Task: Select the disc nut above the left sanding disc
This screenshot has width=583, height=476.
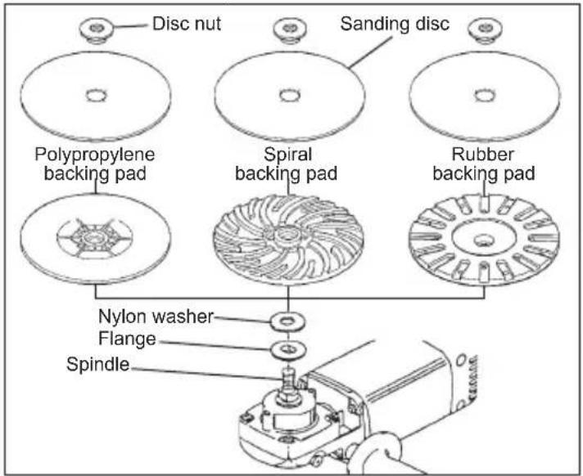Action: tap(97, 31)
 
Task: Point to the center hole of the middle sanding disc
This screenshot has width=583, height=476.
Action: tap(288, 96)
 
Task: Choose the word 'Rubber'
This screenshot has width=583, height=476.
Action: tap(483, 154)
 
